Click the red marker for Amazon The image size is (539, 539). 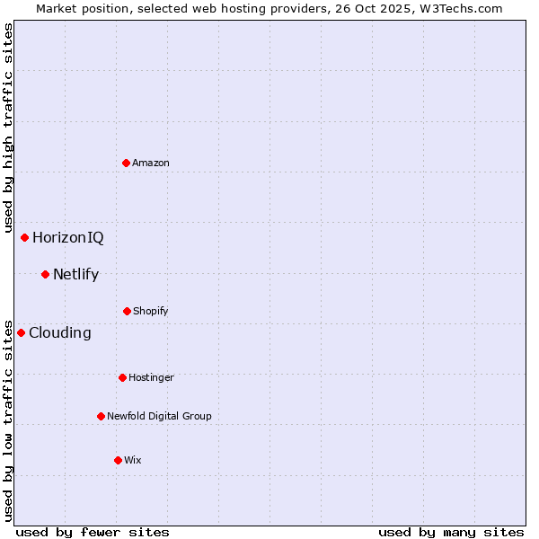(x=127, y=163)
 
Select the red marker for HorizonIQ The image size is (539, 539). (x=25, y=237)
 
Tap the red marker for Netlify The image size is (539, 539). (x=45, y=274)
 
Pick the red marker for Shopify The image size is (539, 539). (x=127, y=311)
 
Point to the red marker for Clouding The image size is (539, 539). (x=21, y=332)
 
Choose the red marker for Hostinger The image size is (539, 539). (x=122, y=377)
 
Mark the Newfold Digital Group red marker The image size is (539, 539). (x=101, y=416)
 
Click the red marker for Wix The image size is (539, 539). (x=118, y=460)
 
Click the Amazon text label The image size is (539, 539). (x=151, y=163)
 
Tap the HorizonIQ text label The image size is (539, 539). (x=68, y=238)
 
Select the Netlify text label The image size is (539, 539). (x=75, y=275)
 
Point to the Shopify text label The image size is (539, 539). (x=151, y=312)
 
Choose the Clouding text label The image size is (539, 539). (x=60, y=333)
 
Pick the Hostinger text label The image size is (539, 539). (x=151, y=378)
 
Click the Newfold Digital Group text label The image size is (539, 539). (x=159, y=417)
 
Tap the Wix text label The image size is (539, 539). (x=133, y=461)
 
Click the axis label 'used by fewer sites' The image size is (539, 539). (x=93, y=532)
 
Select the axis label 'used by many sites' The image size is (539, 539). (x=451, y=532)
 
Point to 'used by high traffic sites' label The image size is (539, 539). (x=8, y=128)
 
